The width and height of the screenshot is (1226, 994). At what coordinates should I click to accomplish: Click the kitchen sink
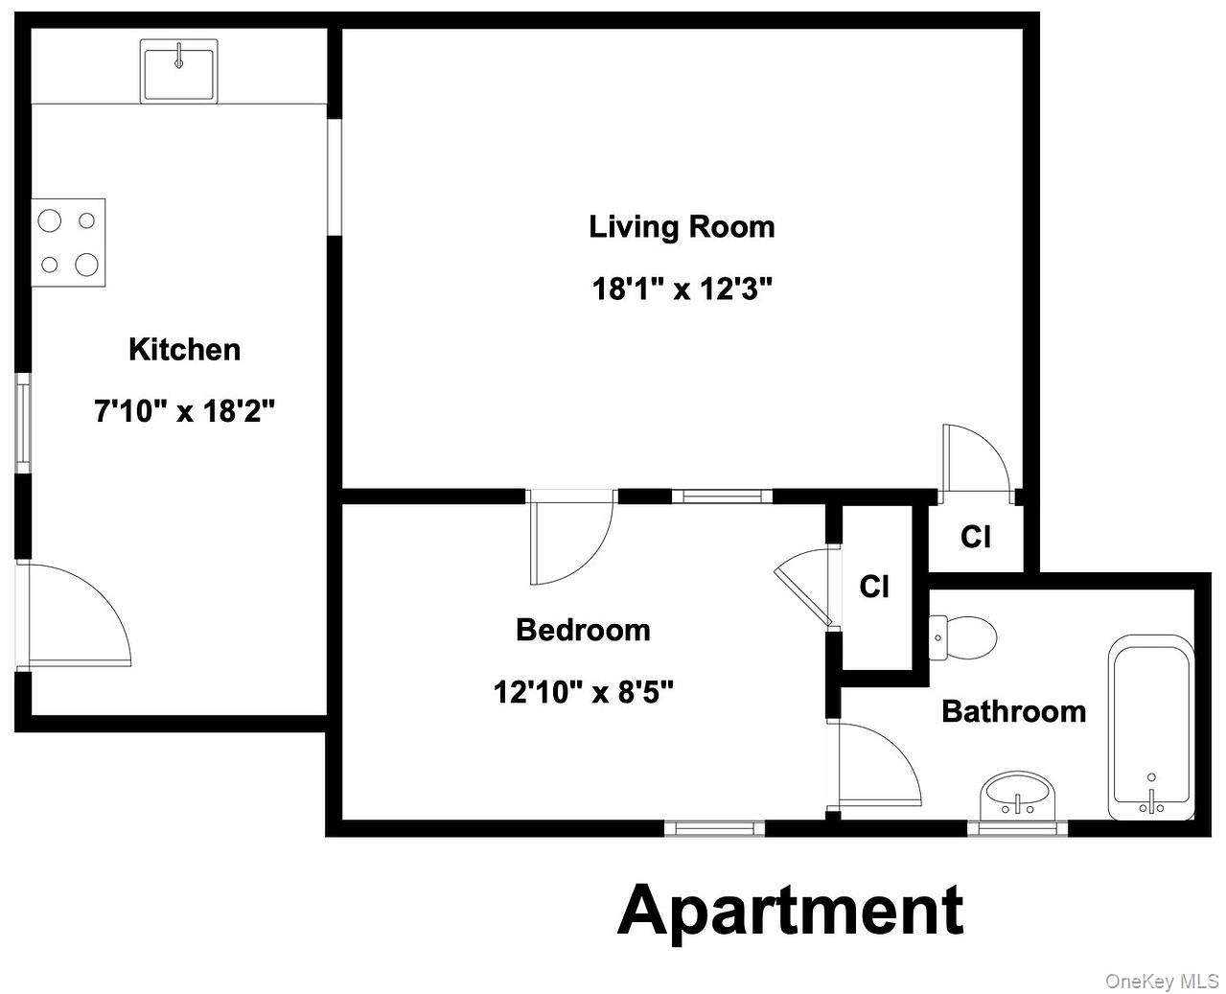179,71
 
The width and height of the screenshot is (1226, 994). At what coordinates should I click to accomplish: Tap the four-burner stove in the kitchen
68,243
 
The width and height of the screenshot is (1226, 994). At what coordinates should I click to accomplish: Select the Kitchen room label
185,349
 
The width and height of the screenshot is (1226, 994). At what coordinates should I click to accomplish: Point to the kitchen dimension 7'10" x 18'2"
185,411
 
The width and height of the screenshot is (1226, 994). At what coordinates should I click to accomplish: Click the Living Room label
682,227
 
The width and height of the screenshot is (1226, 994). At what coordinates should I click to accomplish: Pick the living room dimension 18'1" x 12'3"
682,289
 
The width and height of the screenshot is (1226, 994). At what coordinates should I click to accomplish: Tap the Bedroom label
583,630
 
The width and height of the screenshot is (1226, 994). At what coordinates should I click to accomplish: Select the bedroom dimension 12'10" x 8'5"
583,691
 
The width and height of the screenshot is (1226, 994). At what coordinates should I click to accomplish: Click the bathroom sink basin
1017,795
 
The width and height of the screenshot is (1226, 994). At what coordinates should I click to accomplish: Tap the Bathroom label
1014,711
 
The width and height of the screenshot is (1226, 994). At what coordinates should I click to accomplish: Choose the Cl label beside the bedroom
874,586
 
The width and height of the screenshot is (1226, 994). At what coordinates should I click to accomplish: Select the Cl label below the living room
976,537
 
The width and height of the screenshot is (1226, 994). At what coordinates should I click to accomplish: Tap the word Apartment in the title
791,910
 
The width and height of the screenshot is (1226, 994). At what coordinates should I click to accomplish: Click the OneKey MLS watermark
1161,981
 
